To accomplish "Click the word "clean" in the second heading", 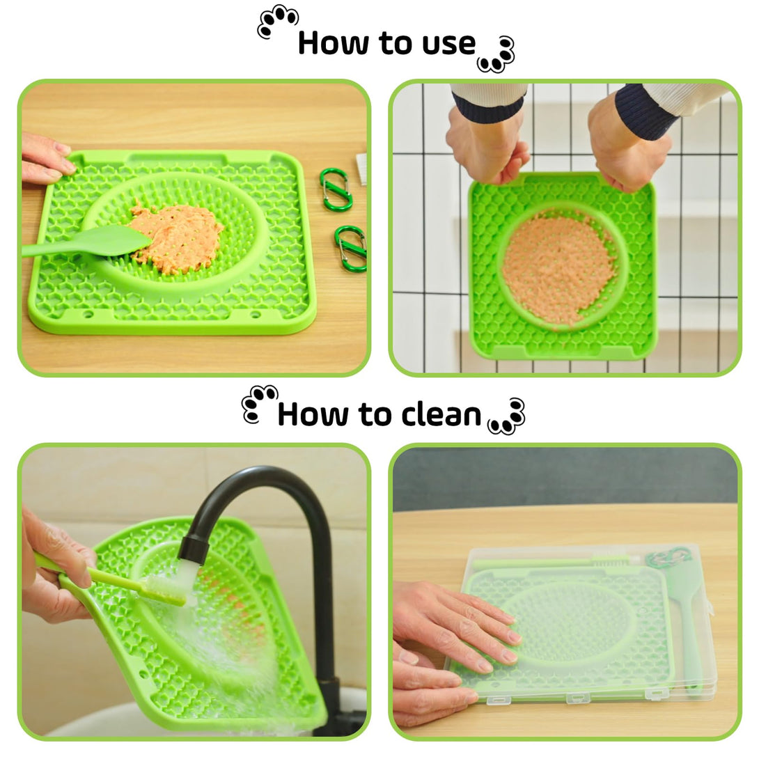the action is (441, 414).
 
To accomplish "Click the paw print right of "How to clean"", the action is (507, 416).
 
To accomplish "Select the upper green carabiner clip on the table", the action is (336, 189).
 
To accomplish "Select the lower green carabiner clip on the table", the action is (350, 249).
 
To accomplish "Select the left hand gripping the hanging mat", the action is (487, 146).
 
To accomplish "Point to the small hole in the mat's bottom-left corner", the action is (88, 314).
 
